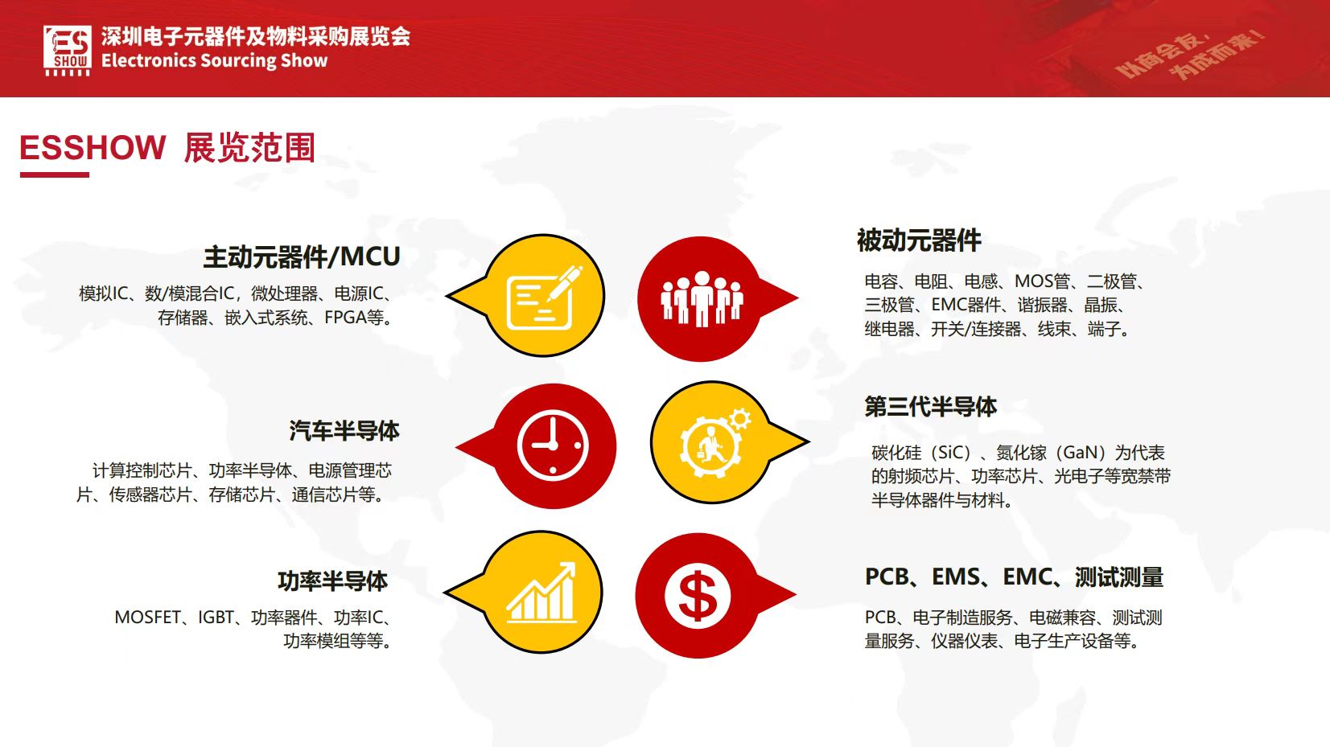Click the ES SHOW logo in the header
(x=67, y=51)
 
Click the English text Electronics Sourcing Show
(x=214, y=61)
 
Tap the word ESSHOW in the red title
(x=93, y=147)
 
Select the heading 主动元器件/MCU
(x=302, y=257)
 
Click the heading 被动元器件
(x=919, y=240)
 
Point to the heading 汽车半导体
(x=344, y=431)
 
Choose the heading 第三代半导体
(x=930, y=406)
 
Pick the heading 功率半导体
(x=332, y=581)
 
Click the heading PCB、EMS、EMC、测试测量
(x=1014, y=577)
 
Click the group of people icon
(x=702, y=299)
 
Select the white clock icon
(x=553, y=445)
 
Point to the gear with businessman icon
(x=714, y=442)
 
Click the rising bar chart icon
(x=541, y=592)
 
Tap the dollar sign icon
(x=697, y=595)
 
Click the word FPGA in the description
(x=345, y=318)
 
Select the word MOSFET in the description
(x=147, y=618)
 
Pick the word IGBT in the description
(x=216, y=618)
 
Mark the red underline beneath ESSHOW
(x=55, y=175)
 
